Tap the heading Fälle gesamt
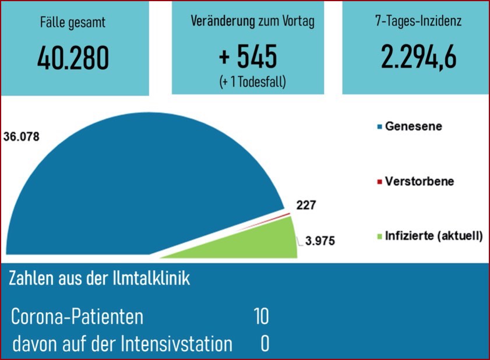[73, 23]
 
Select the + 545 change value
[248, 57]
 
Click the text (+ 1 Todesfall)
[253, 82]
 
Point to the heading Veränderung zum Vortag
[252, 22]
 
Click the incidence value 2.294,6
[418, 57]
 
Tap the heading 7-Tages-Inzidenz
[418, 22]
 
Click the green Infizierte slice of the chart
[256, 242]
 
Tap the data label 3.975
[320, 241]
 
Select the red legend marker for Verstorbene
[379, 182]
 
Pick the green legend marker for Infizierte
[379, 237]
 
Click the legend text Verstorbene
[420, 181]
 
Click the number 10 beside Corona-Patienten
[261, 317]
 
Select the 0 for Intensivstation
[265, 344]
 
